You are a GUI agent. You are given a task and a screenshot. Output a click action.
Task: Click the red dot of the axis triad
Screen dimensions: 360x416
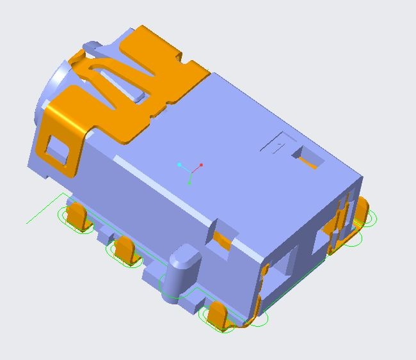tap(201, 165)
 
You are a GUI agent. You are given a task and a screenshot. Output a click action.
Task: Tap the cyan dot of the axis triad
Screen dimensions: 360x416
tap(180, 165)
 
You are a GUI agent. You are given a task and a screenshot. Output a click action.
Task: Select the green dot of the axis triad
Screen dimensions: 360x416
tap(190, 183)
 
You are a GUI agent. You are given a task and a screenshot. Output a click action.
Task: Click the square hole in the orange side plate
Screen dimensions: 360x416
tap(58, 150)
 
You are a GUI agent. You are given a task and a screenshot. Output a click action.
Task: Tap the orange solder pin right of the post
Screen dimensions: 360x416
tap(218, 316)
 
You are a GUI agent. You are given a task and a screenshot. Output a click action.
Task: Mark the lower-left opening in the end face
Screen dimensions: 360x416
tap(284, 269)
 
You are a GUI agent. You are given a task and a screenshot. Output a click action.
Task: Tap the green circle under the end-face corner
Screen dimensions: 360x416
tap(259, 318)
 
